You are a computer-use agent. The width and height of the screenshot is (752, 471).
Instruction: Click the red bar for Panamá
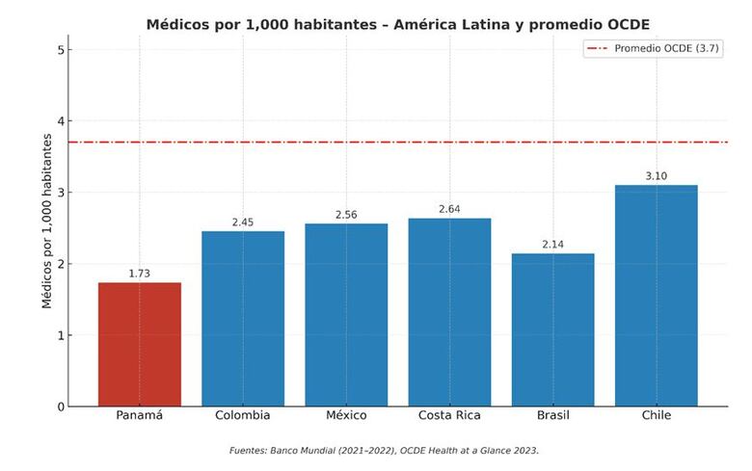(x=140, y=344)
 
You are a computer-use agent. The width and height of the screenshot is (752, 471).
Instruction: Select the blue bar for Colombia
(x=243, y=319)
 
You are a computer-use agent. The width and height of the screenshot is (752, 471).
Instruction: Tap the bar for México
(x=346, y=315)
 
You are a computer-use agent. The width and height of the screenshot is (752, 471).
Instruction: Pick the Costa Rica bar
(x=449, y=312)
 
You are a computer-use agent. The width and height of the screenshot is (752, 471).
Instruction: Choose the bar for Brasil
(x=552, y=329)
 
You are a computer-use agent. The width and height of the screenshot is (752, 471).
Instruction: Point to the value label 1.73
(x=140, y=274)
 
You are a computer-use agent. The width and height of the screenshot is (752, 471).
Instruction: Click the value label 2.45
(x=243, y=222)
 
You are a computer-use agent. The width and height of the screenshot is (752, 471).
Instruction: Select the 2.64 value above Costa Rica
(x=449, y=209)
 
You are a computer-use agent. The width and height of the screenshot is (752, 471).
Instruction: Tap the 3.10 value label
(x=656, y=176)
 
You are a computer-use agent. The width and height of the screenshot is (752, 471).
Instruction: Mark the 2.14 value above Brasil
(x=552, y=245)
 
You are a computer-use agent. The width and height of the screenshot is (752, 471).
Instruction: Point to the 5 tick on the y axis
(x=60, y=50)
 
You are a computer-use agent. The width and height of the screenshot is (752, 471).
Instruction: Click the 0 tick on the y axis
(x=60, y=406)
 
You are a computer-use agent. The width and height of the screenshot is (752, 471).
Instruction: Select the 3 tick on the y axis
(x=60, y=193)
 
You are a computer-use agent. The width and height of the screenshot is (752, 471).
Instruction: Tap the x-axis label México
(x=346, y=416)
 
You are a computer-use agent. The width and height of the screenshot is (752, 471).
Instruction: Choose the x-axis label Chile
(x=656, y=416)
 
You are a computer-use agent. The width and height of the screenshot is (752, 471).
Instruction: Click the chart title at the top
(x=397, y=23)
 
